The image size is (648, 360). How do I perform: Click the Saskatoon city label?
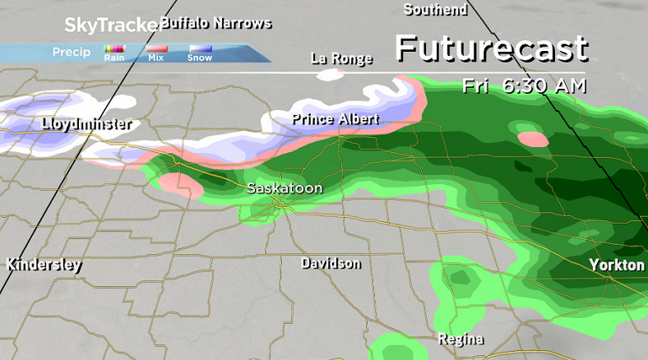click(x=285, y=189)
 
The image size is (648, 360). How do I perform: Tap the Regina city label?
click(x=460, y=339)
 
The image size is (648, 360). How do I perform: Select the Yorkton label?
click(x=616, y=265)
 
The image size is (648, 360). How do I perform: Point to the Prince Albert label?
click(x=336, y=120)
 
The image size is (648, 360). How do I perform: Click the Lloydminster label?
click(x=86, y=125)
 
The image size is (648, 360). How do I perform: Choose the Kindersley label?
click(x=44, y=265)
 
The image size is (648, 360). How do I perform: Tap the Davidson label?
click(x=331, y=263)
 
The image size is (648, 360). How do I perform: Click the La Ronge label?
click(x=341, y=58)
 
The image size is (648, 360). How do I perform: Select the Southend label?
click(x=435, y=10)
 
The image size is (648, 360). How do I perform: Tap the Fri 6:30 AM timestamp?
click(x=523, y=85)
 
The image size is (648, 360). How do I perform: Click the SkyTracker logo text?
click(x=111, y=25)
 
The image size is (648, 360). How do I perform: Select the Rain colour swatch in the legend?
click(x=113, y=50)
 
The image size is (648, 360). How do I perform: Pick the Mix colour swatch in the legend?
click(x=156, y=50)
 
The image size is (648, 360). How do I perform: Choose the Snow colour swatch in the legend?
click(x=200, y=50)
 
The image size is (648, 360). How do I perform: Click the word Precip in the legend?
click(x=72, y=52)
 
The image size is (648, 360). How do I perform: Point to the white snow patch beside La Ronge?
click(x=330, y=76)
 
